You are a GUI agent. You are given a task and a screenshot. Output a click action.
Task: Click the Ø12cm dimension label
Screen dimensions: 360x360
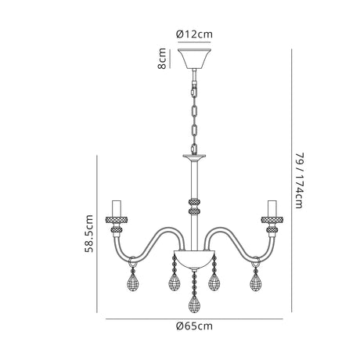[x=194, y=34]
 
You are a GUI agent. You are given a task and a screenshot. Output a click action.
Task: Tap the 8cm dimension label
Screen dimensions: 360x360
[x=162, y=59]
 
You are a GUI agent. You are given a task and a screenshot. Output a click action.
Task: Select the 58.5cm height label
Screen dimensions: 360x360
[x=88, y=233]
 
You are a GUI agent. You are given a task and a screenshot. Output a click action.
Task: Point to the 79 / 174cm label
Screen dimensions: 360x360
[x=299, y=181]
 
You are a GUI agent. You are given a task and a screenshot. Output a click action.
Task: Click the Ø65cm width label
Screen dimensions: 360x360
[x=194, y=326]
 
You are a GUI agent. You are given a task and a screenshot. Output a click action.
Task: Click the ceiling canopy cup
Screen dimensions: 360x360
[x=194, y=59]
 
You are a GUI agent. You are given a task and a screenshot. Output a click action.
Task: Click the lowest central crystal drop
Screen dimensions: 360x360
[x=194, y=304]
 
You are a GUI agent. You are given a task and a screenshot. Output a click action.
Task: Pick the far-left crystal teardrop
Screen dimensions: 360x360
[x=132, y=283]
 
